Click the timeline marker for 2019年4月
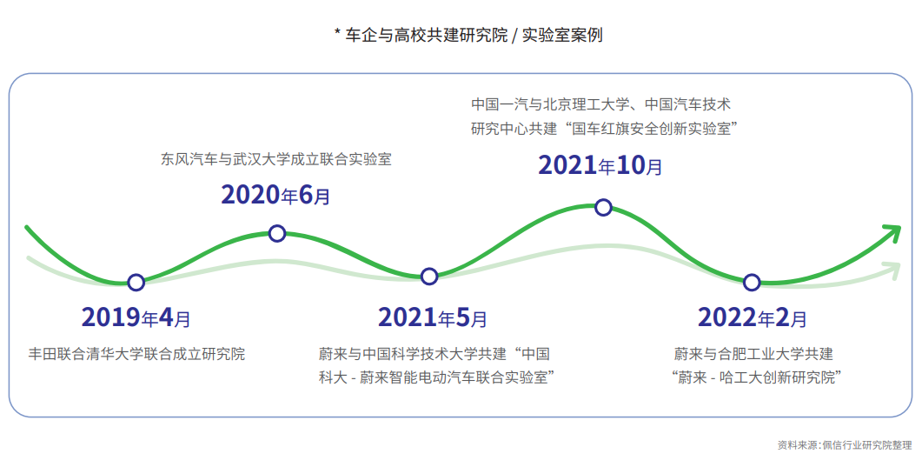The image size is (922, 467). (x=136, y=282)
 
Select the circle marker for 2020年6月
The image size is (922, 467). (x=277, y=233)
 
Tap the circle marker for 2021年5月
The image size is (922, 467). (x=429, y=277)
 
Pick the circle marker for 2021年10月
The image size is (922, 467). (x=603, y=207)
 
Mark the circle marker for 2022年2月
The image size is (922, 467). (x=753, y=282)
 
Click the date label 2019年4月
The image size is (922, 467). (x=136, y=317)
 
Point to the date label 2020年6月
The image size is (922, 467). (x=275, y=195)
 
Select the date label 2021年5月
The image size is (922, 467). (x=432, y=317)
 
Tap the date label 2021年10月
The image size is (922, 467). (x=600, y=164)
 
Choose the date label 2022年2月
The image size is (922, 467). (x=752, y=317)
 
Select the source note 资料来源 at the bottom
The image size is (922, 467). (x=845, y=445)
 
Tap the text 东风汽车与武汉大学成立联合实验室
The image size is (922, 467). (x=276, y=160)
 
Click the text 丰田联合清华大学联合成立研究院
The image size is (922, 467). (x=137, y=354)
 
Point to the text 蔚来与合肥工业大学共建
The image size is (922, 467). (x=753, y=354)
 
